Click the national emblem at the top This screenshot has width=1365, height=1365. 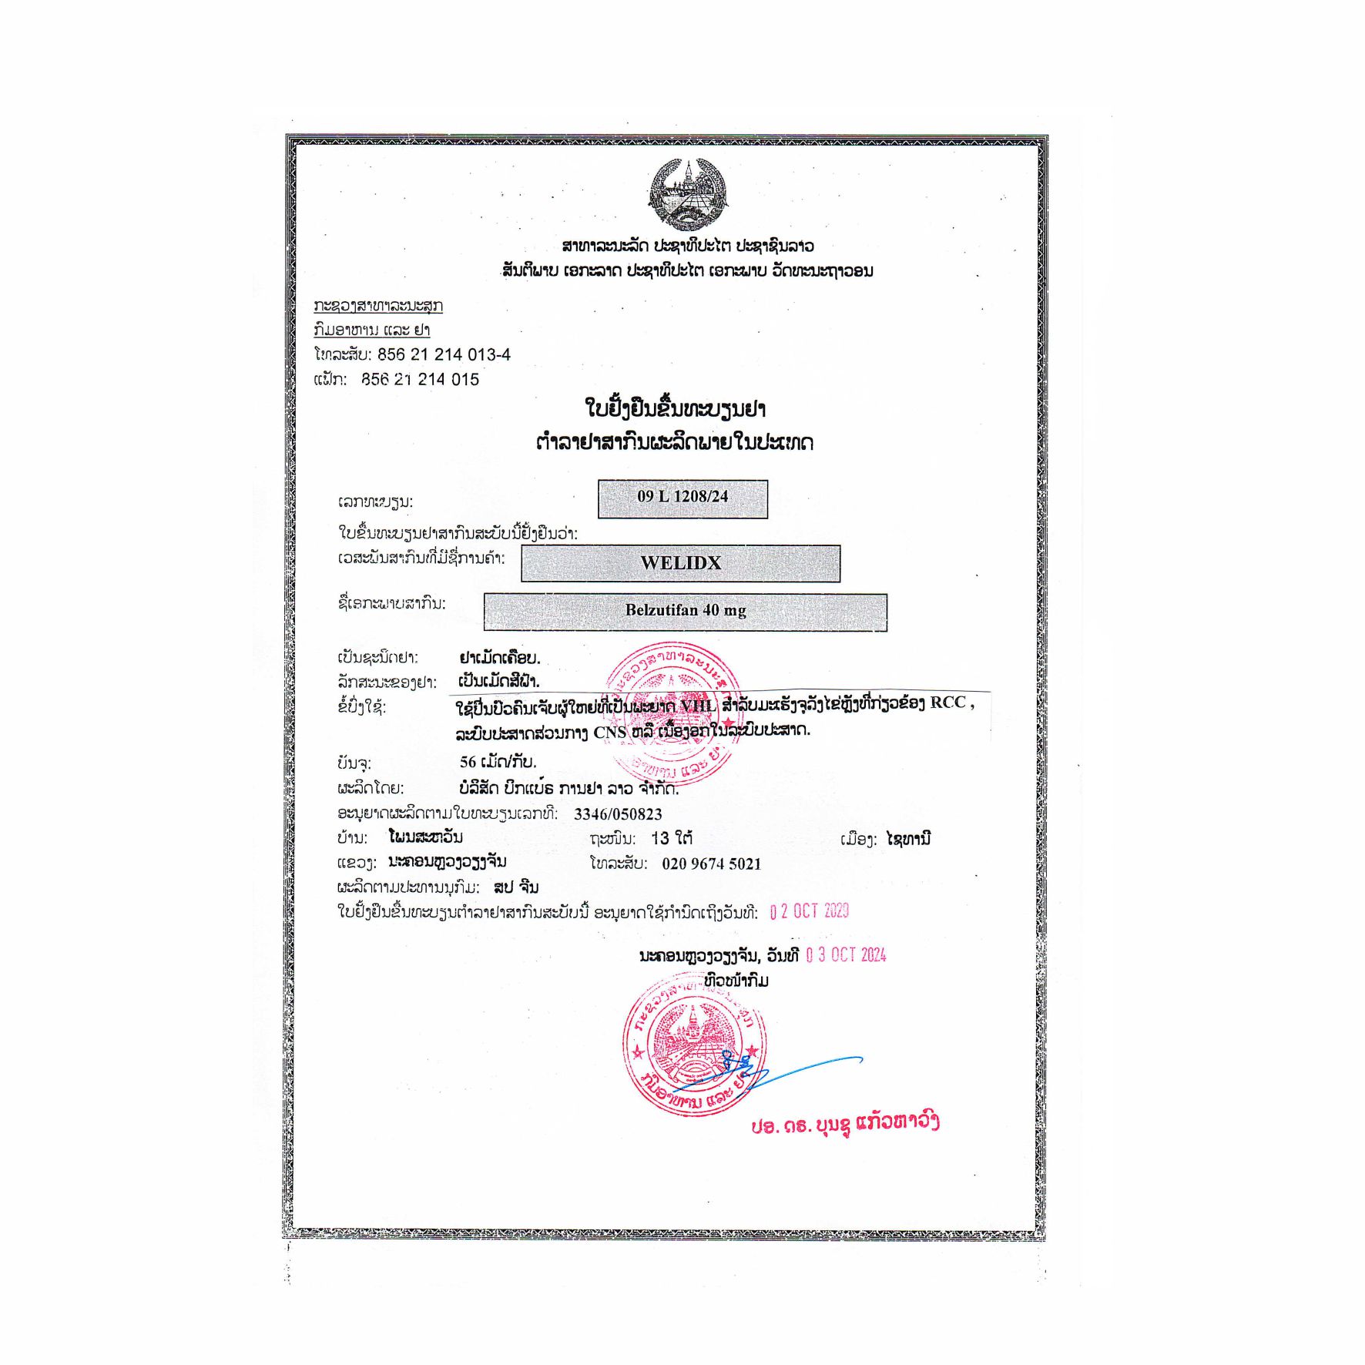coord(688,194)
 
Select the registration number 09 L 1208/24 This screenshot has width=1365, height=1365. coord(682,497)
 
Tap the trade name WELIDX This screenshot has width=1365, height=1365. coord(681,563)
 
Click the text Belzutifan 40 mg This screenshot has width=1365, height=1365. coord(686,611)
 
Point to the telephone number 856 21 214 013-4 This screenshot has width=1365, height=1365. coord(444,354)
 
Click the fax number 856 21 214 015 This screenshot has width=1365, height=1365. coord(421,380)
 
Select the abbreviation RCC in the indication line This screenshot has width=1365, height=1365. coord(947,703)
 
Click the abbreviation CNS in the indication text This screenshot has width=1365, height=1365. coord(609,733)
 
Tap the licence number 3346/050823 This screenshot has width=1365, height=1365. coord(618,814)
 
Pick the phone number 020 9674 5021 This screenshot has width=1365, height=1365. coord(711,864)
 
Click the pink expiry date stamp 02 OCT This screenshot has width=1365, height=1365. coord(809,912)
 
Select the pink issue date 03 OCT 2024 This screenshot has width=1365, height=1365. coord(846,956)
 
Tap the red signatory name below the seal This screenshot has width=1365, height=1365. coord(845,1123)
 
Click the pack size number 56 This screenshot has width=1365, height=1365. coord(468,763)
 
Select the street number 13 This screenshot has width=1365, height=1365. coord(660,838)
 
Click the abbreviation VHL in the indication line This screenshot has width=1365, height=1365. coord(698,705)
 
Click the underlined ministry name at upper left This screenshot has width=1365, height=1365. coord(378,306)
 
